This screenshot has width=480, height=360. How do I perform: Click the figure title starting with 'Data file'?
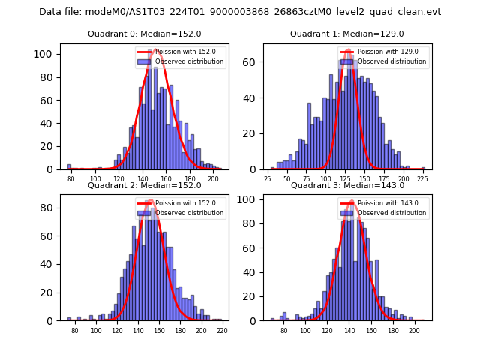point(240,12)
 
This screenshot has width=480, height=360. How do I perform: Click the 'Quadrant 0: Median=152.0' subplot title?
point(134,34)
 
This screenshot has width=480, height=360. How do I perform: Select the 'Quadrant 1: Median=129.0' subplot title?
point(337,34)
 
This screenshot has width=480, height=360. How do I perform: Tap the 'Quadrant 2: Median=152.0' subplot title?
point(134,185)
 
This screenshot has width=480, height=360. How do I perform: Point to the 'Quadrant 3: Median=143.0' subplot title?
point(337,185)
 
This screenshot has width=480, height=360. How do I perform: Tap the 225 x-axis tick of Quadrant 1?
point(423,180)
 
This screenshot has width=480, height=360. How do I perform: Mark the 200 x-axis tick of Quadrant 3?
point(413,331)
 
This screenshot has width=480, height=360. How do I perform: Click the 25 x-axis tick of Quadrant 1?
point(268,180)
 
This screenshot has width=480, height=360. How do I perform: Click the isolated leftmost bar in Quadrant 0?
point(69,167)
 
